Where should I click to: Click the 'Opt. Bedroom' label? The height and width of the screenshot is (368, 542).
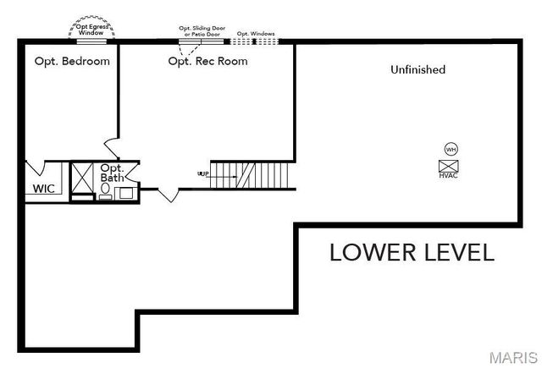72,61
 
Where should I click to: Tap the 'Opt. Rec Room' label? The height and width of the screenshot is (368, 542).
207,61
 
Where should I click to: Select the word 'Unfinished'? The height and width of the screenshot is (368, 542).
418,69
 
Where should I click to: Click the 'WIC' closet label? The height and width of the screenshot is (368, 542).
43,189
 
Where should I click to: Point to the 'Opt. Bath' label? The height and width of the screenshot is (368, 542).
113,173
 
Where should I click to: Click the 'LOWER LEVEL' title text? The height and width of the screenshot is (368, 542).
412,252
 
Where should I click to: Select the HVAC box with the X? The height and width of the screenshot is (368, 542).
448,165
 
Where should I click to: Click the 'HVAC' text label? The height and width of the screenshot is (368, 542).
448,176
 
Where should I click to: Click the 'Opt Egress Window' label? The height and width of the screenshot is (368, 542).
92,29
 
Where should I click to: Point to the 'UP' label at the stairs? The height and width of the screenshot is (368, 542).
203,174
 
